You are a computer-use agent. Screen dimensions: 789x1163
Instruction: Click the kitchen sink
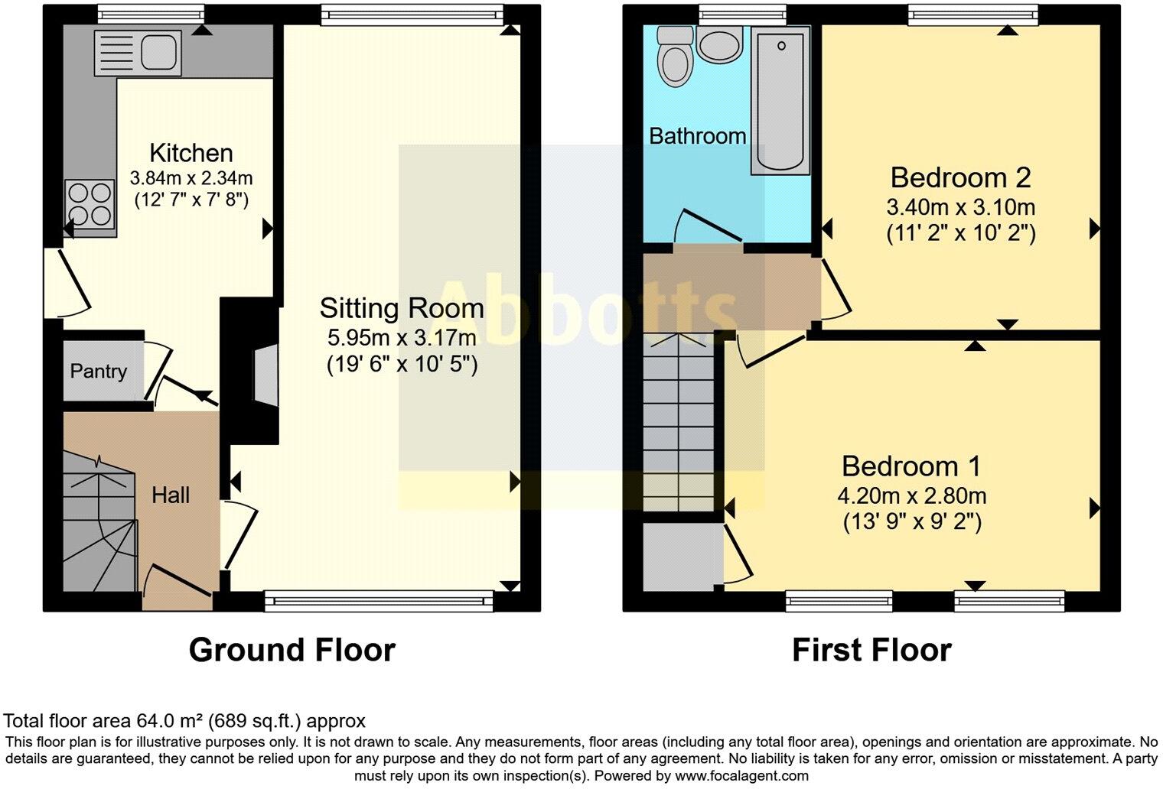pos(138,53)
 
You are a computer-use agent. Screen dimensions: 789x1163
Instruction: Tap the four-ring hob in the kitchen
pos(90,205)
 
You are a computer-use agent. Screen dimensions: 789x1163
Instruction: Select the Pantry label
pos(98,372)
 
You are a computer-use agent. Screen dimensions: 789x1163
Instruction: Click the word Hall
pos(170,495)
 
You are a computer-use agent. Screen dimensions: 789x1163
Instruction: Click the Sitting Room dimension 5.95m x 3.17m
pos(402,337)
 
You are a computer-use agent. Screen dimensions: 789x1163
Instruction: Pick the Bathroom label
pos(697,136)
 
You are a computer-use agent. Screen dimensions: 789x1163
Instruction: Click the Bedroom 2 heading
pos(960,177)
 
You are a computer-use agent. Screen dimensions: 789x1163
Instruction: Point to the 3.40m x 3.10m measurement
pos(960,206)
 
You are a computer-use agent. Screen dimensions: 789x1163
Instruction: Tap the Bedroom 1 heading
pos(911,466)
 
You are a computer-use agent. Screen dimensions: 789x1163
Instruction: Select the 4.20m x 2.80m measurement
pos(911,495)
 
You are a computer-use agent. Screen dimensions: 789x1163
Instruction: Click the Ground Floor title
pos(292,650)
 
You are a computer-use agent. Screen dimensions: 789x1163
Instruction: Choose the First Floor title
pos(871,650)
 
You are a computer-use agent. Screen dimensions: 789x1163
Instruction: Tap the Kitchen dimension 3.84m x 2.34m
pos(191,178)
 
